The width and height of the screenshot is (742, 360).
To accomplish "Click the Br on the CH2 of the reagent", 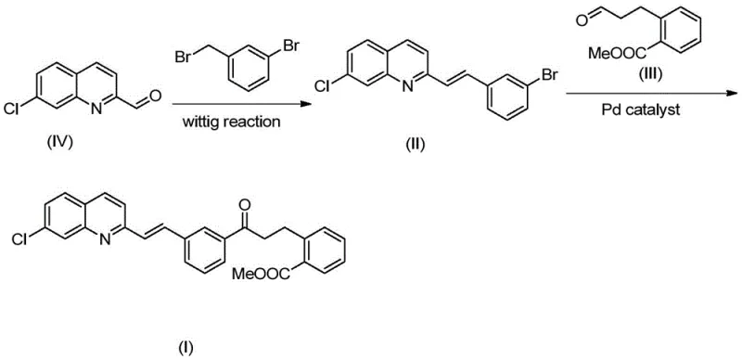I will click(x=183, y=56).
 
